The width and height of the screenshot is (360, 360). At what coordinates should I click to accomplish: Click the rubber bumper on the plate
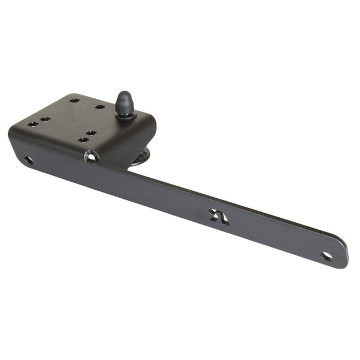125,104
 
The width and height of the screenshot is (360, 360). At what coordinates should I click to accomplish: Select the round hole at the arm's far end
327,256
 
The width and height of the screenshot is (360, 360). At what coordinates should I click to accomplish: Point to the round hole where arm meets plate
91,155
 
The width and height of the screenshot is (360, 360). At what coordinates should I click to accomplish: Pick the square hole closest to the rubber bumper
100,107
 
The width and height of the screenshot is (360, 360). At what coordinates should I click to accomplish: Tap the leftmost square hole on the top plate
33,124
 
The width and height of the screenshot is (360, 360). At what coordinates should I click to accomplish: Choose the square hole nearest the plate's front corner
83,139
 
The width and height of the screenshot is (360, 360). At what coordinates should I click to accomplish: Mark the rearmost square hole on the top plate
74,101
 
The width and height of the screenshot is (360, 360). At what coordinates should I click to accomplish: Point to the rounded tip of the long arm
343,254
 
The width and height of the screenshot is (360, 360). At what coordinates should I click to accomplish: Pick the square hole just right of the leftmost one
46,119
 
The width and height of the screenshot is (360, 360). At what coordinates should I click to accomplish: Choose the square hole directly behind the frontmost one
91,133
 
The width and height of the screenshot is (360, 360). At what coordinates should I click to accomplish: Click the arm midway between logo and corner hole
154,186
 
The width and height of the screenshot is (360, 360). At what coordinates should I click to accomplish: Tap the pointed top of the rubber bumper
124,94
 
